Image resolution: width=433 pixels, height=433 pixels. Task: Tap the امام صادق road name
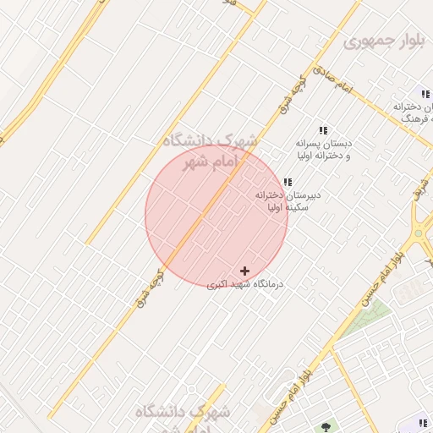coord(332,79)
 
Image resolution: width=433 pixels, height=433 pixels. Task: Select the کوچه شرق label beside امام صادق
coord(289,95)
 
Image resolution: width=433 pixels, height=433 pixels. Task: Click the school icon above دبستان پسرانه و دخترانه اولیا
coord(322,131)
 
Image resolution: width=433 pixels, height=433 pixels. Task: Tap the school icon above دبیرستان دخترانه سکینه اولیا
coord(288,182)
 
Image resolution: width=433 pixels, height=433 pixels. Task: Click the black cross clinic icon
coord(245,271)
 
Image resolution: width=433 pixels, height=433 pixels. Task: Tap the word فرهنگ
coord(418,120)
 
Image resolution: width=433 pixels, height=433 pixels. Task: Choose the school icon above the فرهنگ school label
coord(425,94)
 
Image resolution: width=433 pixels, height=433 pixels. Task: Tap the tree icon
coord(326,425)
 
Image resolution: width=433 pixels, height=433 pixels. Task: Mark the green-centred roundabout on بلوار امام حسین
coord(417,233)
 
